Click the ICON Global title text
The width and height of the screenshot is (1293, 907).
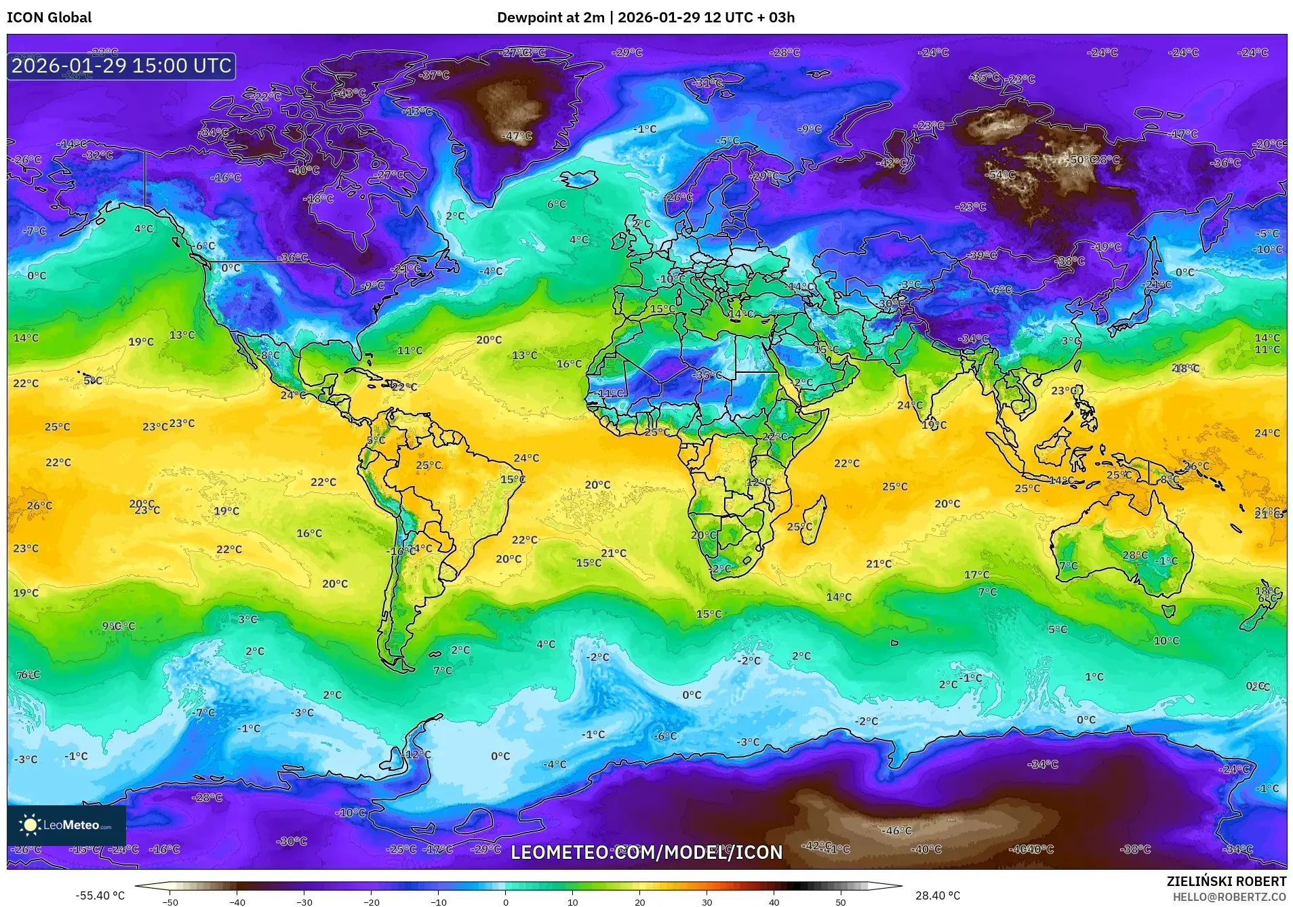[49, 18]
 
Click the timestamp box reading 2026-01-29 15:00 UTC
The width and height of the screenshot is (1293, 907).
[121, 66]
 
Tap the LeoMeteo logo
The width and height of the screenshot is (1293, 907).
[66, 825]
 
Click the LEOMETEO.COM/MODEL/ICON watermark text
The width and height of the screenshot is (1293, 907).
[646, 852]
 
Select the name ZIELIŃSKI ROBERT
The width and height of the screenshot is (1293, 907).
[1226, 881]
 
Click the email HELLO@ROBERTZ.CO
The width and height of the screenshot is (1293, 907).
[1229, 897]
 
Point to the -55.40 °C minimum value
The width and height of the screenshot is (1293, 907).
[100, 895]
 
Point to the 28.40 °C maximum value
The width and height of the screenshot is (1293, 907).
[937, 895]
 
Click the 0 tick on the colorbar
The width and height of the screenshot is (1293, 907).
[505, 902]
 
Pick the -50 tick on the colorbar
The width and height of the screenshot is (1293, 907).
[170, 902]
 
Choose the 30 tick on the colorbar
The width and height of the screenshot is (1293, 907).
[707, 902]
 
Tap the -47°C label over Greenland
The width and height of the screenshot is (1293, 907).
[517, 136]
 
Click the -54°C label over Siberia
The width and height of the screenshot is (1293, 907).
[1001, 175]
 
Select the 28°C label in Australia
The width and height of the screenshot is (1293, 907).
[1135, 555]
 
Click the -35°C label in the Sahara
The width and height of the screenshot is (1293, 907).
[707, 375]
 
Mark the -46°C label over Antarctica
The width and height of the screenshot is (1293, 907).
[897, 830]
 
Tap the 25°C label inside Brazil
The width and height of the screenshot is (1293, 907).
[429, 466]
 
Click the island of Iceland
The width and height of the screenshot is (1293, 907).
[578, 179]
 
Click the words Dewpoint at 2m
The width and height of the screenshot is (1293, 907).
[550, 18]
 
